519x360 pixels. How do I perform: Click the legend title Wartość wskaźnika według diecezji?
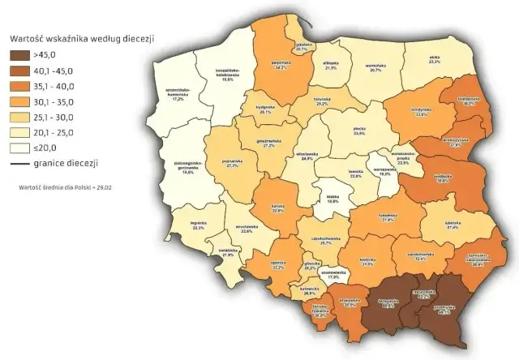[x=81, y=38]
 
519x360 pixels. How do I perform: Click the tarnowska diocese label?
[x=392, y=302]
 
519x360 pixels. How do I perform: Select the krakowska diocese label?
[x=349, y=304]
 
